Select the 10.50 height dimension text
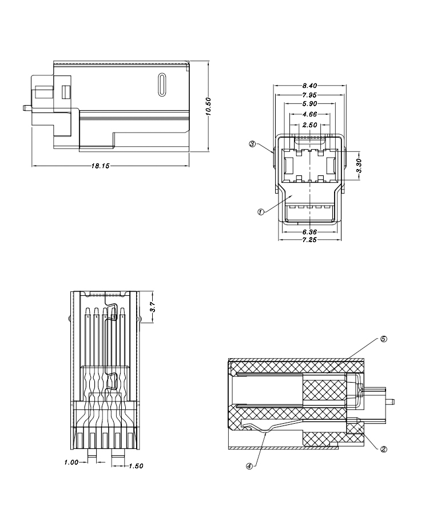(209, 107)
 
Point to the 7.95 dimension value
(310, 95)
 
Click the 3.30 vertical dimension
(359, 166)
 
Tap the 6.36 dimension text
(309, 232)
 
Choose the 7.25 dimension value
(309, 241)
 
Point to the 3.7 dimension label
(152, 307)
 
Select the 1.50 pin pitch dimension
(136, 466)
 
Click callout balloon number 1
(260, 211)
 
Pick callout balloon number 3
(252, 144)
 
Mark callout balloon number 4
(249, 465)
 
